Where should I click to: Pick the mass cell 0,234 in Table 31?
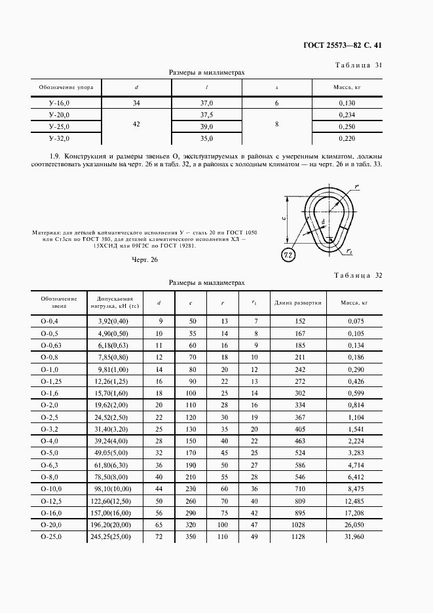click(347, 115)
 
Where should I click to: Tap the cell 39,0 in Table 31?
click(207, 126)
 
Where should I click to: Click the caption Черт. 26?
click(145, 260)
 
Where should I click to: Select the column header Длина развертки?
click(296, 303)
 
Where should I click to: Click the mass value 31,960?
click(353, 537)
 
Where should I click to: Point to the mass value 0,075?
click(353, 321)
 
